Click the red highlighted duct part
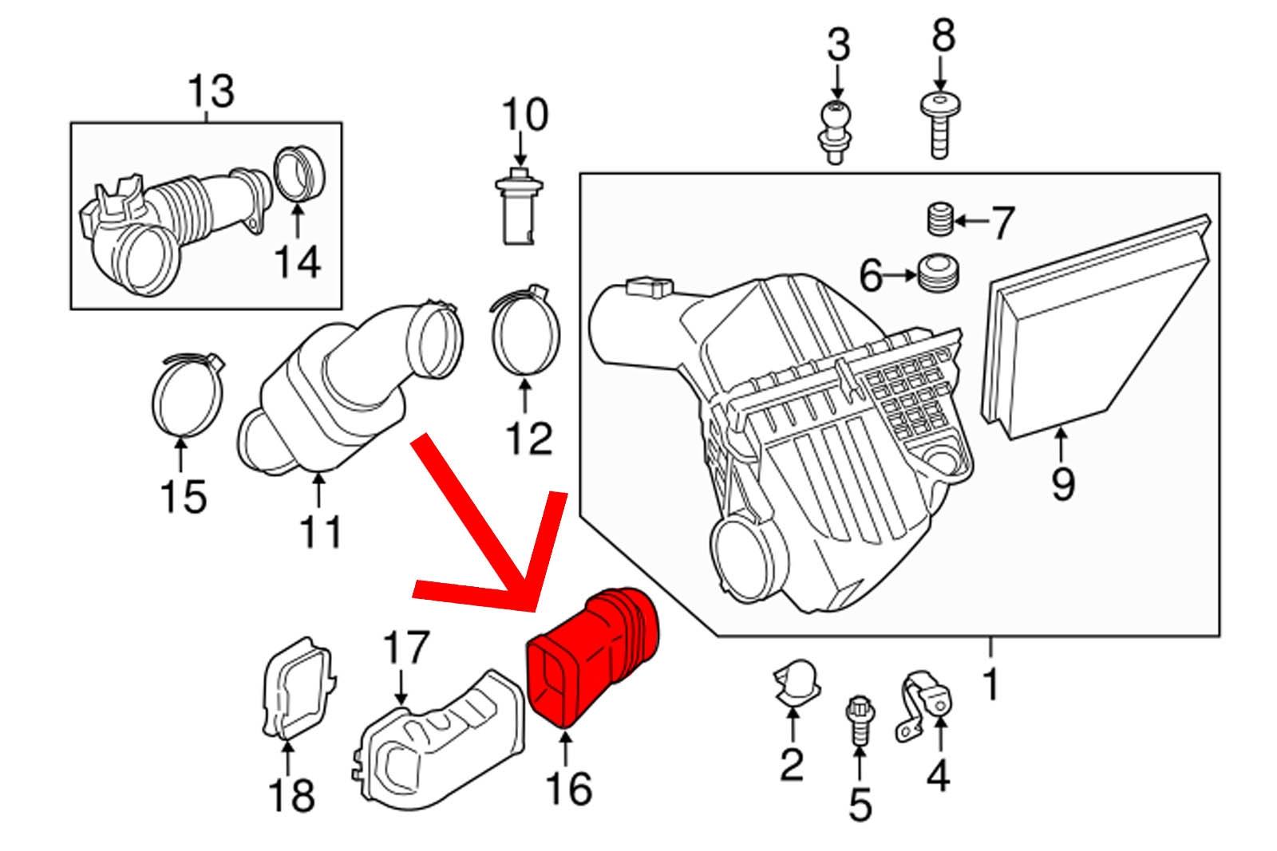591,654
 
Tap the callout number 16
569,789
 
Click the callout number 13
211,92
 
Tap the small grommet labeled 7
941,219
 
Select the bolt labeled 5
859,718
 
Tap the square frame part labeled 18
297,686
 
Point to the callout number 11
320,530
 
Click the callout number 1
990,684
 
